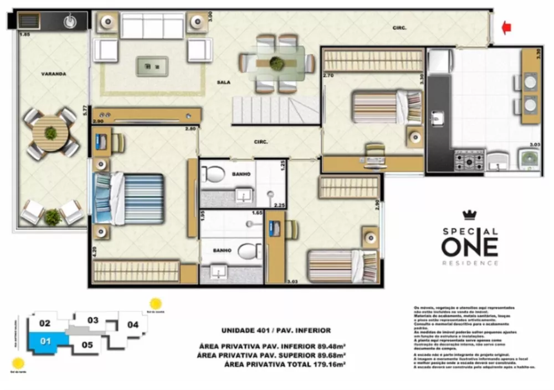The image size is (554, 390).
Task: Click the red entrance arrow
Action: tap(505, 28)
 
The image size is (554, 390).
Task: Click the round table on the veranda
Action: tap(50, 133)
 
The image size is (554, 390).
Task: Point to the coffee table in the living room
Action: tap(152, 66)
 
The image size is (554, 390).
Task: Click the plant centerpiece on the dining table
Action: tap(275, 63)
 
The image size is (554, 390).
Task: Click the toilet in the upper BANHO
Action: tap(213, 174)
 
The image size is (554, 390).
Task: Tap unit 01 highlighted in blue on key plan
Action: tap(45, 341)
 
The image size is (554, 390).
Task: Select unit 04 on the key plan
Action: tap(133, 325)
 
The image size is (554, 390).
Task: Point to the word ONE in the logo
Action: tap(469, 244)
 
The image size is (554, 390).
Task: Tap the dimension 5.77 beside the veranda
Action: tap(85, 110)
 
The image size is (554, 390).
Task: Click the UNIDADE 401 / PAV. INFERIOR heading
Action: tap(276, 330)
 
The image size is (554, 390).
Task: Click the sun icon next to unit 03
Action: tap(156, 304)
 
